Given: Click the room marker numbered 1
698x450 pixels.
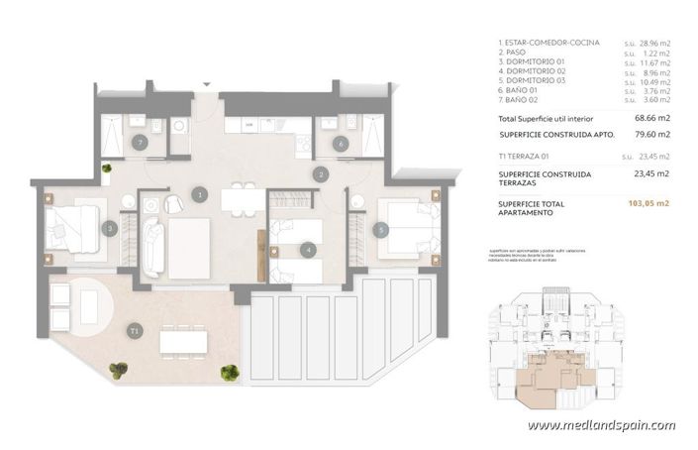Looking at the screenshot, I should (x=200, y=195).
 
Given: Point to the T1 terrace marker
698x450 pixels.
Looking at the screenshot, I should (x=135, y=330).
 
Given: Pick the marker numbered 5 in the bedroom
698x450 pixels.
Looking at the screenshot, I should (x=381, y=230).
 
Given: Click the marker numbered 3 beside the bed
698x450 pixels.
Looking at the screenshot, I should (x=110, y=228).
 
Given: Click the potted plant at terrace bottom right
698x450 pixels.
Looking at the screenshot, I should (x=230, y=373).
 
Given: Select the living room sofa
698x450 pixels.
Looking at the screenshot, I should (x=153, y=248).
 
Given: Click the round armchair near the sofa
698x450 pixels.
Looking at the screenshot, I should (x=174, y=204).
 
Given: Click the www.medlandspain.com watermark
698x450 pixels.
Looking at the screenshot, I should (x=601, y=426).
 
